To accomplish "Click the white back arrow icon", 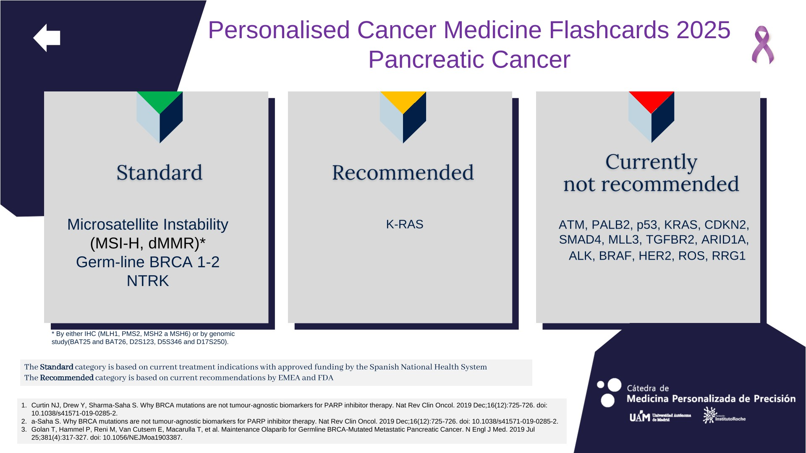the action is tap(47, 38).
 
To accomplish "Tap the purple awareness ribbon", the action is tap(763, 45).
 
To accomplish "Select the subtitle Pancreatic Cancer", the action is tap(469, 60).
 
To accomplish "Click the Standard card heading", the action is tap(160, 172).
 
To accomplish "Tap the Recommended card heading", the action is tap(403, 172).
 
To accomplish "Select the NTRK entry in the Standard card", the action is tap(148, 281).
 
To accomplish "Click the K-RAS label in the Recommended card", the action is tap(405, 224).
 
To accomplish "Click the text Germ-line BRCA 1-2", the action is tap(148, 262).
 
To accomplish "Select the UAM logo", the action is tap(660, 417).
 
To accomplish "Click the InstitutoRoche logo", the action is tap(724, 415).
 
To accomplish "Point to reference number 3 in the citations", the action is tap(24, 430).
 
